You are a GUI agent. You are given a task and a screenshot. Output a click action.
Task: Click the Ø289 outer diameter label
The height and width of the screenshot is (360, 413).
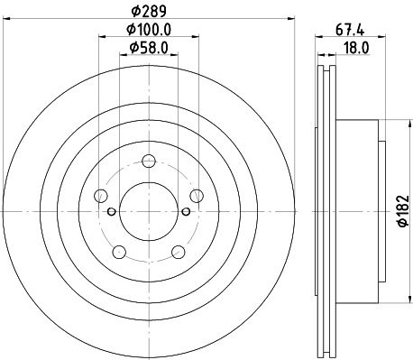tap(149, 12)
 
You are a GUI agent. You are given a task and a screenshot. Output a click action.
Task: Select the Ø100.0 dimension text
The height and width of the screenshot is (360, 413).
tap(149, 30)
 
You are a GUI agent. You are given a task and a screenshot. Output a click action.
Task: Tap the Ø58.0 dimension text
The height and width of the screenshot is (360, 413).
tap(149, 48)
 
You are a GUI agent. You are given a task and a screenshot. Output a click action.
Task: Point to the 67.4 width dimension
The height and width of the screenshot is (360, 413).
tap(350, 30)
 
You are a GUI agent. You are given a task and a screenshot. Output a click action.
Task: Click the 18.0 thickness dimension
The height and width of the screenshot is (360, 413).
tap(356, 48)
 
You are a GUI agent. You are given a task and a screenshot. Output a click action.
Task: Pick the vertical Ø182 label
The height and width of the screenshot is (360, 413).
tap(404, 211)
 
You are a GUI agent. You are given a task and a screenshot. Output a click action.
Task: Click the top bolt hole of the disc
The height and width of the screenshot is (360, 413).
tap(149, 162)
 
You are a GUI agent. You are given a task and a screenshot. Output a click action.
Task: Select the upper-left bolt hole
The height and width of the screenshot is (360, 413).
tap(101, 196)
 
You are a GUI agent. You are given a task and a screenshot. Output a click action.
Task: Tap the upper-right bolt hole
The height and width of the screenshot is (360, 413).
tap(197, 196)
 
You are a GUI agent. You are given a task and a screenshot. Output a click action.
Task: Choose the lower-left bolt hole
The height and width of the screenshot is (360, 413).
tap(119, 252)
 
